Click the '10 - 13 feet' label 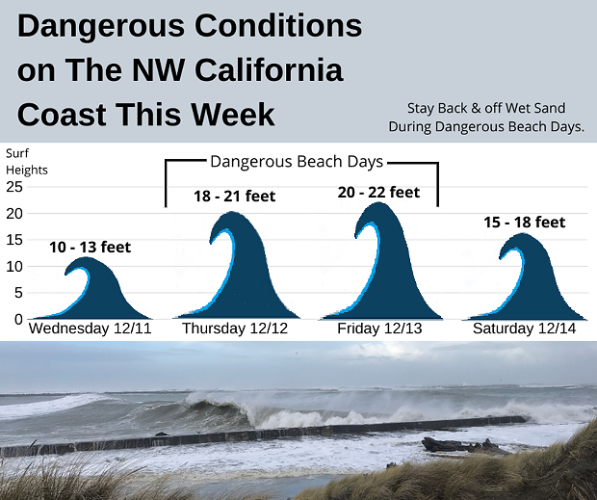click(91, 248)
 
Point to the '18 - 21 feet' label click(235, 197)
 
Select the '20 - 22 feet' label click(378, 193)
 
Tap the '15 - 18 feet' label click(525, 222)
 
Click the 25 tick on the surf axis click(14, 187)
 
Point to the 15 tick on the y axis click(14, 240)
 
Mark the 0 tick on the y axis click(18, 320)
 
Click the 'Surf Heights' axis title click(27, 162)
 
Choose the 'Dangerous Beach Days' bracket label click(297, 162)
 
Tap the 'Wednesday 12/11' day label click(91, 329)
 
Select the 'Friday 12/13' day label click(379, 329)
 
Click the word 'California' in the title click(270, 70)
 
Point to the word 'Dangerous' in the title click(101, 27)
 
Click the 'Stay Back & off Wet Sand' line click(486, 108)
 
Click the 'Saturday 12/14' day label click(524, 329)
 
